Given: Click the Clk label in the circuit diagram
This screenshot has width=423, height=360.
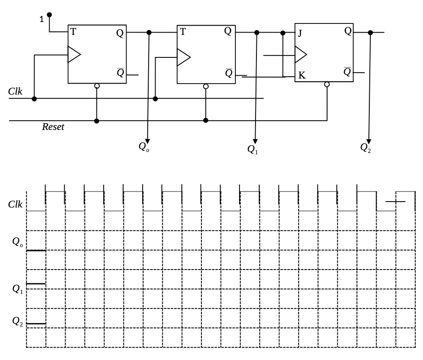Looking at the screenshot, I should pyautogui.click(x=15, y=91).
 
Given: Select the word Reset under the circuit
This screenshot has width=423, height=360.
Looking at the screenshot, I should pyautogui.click(x=53, y=127).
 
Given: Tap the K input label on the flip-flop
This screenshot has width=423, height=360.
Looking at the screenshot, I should pyautogui.click(x=301, y=76).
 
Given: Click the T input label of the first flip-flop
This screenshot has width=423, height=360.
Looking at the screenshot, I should pyautogui.click(x=73, y=32).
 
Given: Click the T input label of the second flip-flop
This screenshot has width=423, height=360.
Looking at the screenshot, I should pyautogui.click(x=183, y=32).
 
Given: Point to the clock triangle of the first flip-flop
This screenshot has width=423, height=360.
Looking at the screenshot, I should pyautogui.click(x=73, y=54).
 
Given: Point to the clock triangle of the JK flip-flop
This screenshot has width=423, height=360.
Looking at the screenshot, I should pyautogui.click(x=301, y=55).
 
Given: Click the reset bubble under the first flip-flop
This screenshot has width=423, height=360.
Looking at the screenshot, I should pyautogui.click(x=97, y=86).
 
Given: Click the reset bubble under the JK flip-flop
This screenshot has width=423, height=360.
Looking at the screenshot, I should pyautogui.click(x=327, y=84).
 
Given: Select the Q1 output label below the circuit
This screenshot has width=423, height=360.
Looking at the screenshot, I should pyautogui.click(x=252, y=149).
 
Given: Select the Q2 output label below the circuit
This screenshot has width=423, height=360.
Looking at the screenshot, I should pyautogui.click(x=366, y=147).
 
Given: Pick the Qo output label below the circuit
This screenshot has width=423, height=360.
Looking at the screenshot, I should pyautogui.click(x=144, y=147).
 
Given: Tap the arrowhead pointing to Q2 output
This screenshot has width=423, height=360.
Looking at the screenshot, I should pyautogui.click(x=369, y=141).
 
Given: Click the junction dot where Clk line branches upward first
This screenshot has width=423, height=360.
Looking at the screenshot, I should pyautogui.click(x=34, y=98).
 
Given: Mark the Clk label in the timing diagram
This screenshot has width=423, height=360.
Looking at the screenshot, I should pyautogui.click(x=15, y=204).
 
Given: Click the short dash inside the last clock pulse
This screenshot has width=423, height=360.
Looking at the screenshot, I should pyautogui.click(x=395, y=202).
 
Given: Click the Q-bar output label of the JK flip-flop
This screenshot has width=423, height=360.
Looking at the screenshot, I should pyautogui.click(x=347, y=72).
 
